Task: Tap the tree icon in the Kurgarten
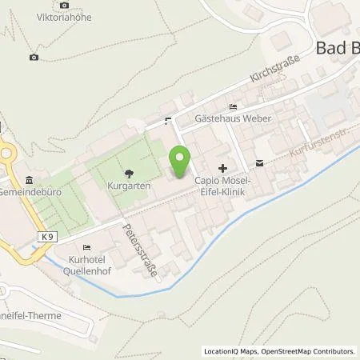coord(129,172)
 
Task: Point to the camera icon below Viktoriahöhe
coord(33,57)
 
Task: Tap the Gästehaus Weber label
coord(234,119)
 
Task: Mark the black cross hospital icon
coord(223,168)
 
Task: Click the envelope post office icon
coord(260,163)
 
